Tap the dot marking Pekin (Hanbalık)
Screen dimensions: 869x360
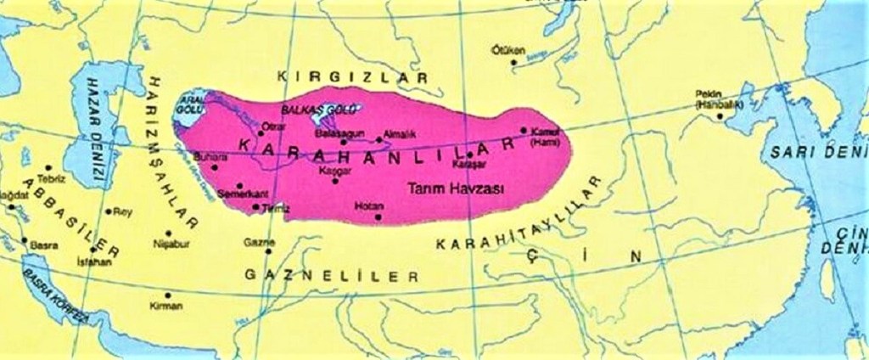(719, 116)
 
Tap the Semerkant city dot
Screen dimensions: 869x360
(240, 185)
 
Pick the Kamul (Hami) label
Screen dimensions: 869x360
(541, 138)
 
